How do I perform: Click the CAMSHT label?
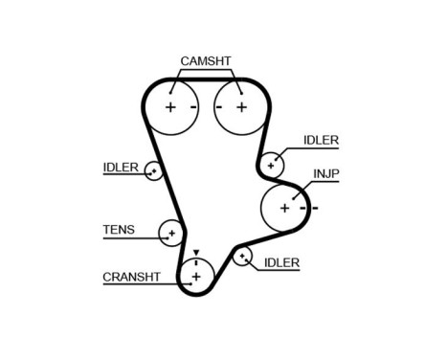tap(205, 61)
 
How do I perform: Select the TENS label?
tap(119, 230)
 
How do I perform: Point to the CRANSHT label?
tap(130, 278)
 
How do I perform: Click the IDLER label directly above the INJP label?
tap(322, 140)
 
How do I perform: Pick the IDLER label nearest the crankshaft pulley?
tap(281, 261)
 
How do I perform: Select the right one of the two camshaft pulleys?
tap(237, 106)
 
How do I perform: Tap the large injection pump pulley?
tap(284, 206)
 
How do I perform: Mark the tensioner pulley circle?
tap(172, 233)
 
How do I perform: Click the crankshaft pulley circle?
tap(195, 277)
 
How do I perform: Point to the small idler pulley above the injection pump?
tap(273, 164)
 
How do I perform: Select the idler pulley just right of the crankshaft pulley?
tap(242, 256)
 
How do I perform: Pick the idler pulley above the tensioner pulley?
tap(154, 171)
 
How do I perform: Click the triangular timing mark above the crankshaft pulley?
tap(195, 254)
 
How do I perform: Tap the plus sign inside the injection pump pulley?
tap(284, 206)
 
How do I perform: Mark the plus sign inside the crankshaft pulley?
tap(195, 277)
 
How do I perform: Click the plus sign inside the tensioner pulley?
tap(172, 233)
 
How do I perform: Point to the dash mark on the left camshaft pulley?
tap(193, 106)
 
